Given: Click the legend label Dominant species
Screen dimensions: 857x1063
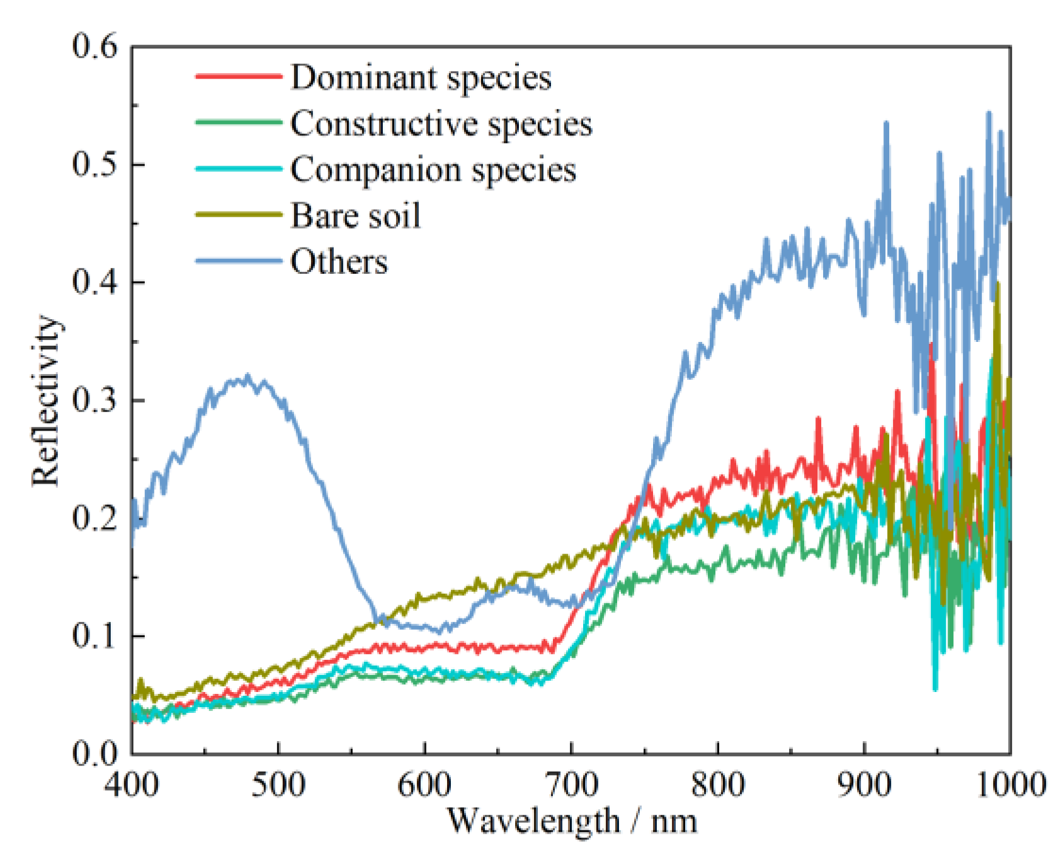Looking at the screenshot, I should coord(421,77).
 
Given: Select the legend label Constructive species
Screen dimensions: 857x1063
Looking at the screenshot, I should coord(441,123).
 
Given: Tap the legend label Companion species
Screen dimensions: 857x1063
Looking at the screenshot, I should coord(433,169).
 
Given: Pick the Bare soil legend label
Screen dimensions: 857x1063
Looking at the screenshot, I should coord(355,215).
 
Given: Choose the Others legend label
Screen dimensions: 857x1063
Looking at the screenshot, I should coord(339,261).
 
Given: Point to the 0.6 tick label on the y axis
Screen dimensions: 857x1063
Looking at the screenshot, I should coord(94,47).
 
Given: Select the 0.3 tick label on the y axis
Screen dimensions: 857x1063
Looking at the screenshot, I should coord(94,400).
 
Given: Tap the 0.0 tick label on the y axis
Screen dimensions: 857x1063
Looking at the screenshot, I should coord(94,753).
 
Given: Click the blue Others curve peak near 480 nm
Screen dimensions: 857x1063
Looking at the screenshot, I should coord(247,376).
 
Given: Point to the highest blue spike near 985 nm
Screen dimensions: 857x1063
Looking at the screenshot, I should coord(988,113).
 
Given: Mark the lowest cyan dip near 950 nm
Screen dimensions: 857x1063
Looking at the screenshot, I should coord(935,689).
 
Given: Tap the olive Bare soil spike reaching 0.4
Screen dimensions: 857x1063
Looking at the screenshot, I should coord(998,284).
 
